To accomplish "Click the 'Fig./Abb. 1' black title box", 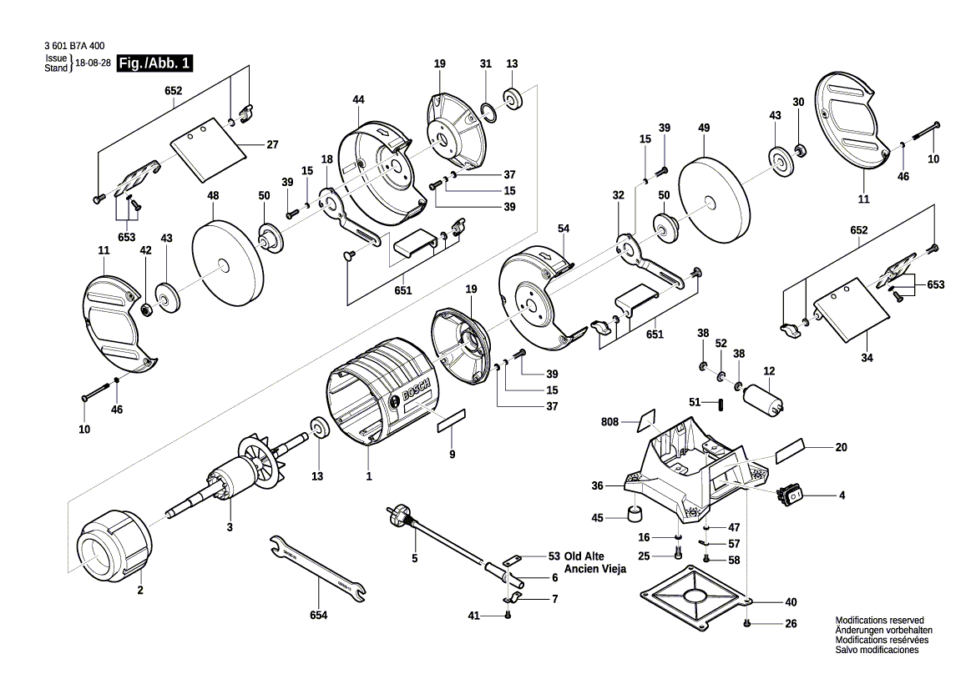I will pyautogui.click(x=156, y=63).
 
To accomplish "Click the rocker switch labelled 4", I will pyautogui.click(x=791, y=495).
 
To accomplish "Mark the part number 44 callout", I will pyautogui.click(x=358, y=99).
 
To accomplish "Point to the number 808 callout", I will pyautogui.click(x=609, y=422).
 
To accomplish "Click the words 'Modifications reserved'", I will pyautogui.click(x=879, y=621).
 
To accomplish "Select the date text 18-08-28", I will pyautogui.click(x=94, y=63).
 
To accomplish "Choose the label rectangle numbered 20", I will pyautogui.click(x=790, y=452).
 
